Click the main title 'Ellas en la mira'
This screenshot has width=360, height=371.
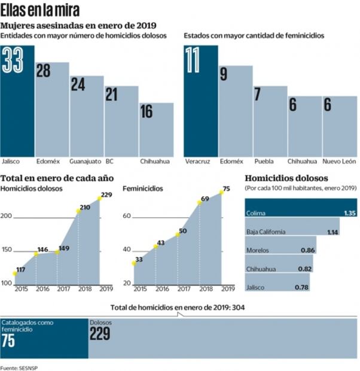click(x=40, y=11)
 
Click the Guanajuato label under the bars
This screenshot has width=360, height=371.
click(x=85, y=162)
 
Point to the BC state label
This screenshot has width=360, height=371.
click(x=109, y=162)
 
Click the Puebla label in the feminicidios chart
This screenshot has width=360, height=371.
click(x=264, y=162)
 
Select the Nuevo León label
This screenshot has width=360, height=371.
click(x=339, y=162)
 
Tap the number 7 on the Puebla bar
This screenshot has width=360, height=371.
click(x=258, y=95)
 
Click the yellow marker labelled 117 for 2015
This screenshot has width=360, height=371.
click(x=15, y=274)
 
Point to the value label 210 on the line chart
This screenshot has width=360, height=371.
click(x=85, y=207)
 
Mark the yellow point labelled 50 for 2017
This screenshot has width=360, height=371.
click(x=177, y=235)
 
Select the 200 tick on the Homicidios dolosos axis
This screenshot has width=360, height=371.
click(x=7, y=217)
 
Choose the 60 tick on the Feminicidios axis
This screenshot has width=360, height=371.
click(x=127, y=217)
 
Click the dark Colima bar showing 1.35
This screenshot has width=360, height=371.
click(x=301, y=212)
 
